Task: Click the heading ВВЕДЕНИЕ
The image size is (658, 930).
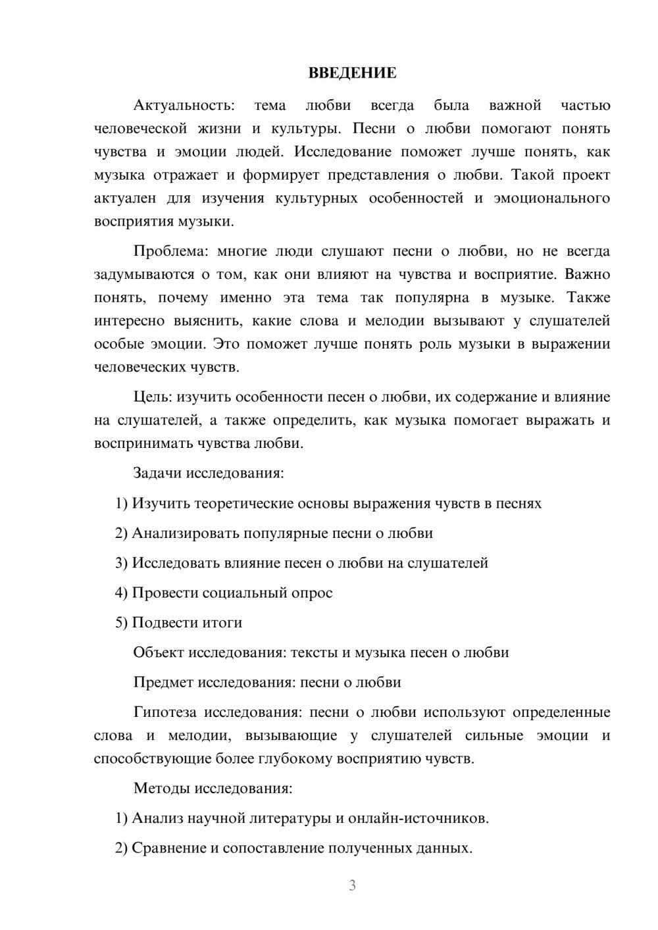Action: pyautogui.click(x=352, y=73)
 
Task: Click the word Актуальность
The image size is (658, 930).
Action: pyautogui.click(x=183, y=105)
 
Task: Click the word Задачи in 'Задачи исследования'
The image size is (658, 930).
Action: pyautogui.click(x=158, y=473)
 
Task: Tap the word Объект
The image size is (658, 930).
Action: pyautogui.click(x=159, y=652)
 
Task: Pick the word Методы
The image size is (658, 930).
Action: pyautogui.click(x=160, y=788)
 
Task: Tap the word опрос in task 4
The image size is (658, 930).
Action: pyautogui.click(x=311, y=593)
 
